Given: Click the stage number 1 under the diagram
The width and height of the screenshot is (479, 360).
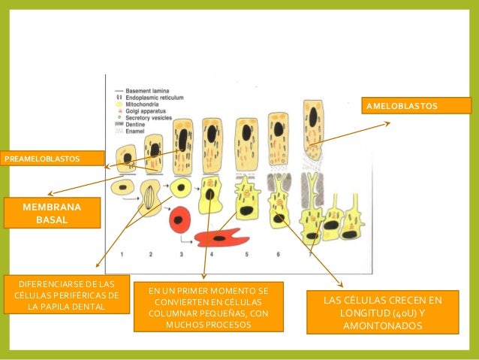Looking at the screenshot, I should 122,256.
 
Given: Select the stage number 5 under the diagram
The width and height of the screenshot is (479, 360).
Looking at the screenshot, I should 247,256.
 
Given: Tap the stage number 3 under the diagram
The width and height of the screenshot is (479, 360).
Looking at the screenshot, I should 181,256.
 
